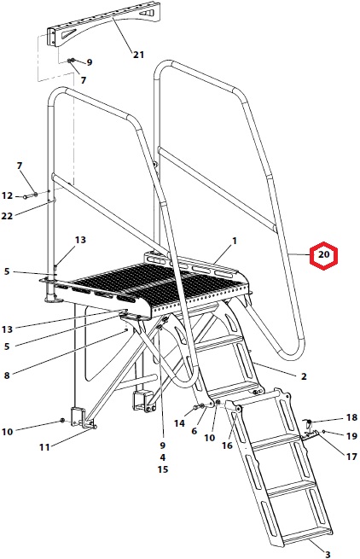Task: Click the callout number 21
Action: (x=139, y=55)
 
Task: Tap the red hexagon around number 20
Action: (x=323, y=255)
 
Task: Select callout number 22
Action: (x=7, y=216)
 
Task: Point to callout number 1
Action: (x=235, y=242)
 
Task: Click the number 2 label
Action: (x=304, y=376)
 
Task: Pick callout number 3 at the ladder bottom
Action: (x=328, y=555)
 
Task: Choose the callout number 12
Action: (x=7, y=195)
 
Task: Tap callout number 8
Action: (x=7, y=376)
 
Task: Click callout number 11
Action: (x=44, y=447)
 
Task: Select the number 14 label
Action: (x=180, y=423)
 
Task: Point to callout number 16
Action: (x=227, y=445)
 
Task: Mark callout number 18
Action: (x=351, y=417)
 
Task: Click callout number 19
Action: (x=351, y=436)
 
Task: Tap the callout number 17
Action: (x=351, y=456)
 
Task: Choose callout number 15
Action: (x=163, y=469)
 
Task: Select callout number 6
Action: (x=194, y=431)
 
